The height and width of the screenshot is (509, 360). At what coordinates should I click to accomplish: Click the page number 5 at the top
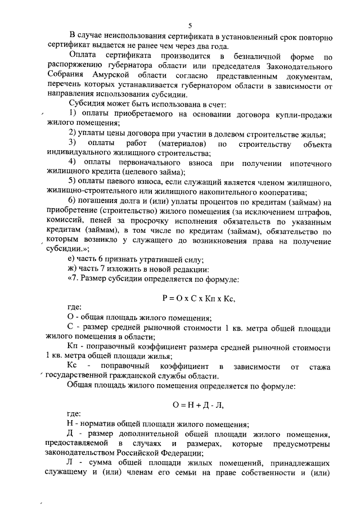(190, 25)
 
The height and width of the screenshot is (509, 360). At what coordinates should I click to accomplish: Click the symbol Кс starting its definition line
(72, 366)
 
